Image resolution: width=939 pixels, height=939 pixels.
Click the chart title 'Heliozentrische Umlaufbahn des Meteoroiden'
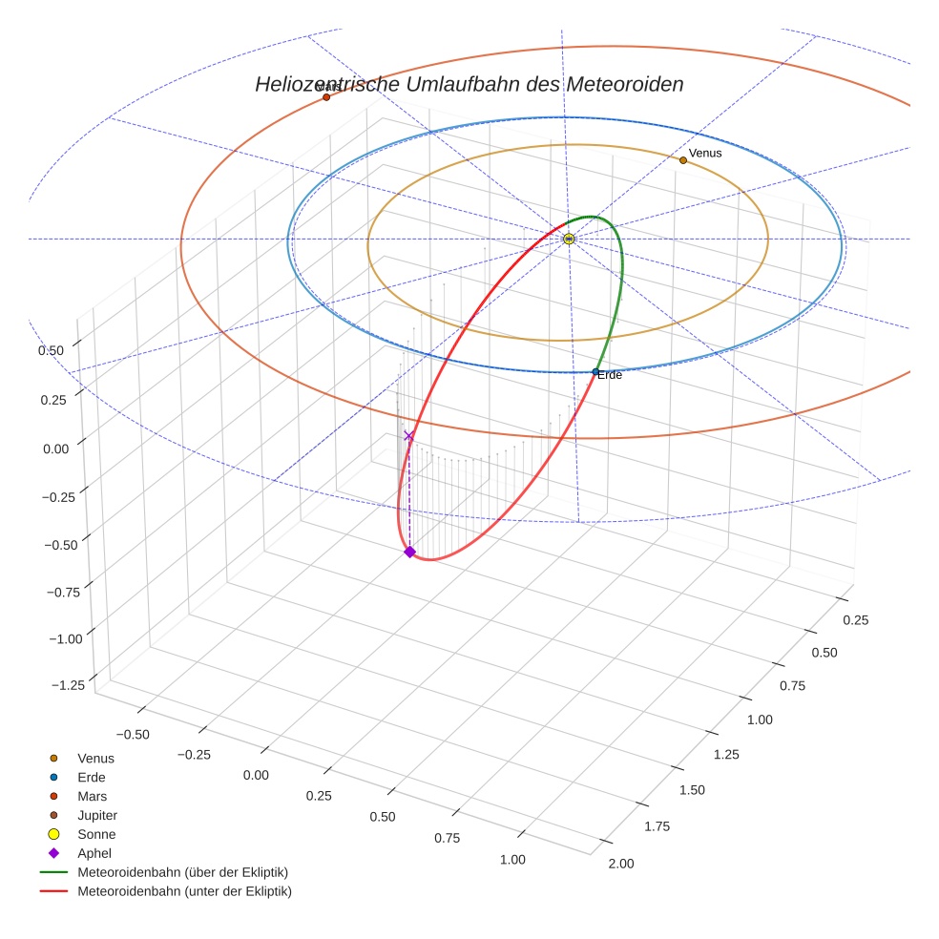click(469, 84)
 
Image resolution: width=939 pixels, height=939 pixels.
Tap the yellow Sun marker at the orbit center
click(569, 239)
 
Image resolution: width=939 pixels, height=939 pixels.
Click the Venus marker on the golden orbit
click(683, 160)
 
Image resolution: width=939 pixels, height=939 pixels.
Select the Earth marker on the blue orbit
click(595, 372)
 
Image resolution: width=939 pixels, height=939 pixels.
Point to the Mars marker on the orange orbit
click(326, 97)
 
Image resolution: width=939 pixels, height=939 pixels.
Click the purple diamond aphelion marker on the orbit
click(409, 552)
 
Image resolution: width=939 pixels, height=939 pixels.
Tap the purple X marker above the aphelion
click(409, 436)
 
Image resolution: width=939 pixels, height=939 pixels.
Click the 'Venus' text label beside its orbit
click(705, 153)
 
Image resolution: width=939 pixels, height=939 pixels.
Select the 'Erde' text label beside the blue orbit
click(610, 376)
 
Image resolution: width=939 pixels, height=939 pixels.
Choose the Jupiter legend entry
click(97, 815)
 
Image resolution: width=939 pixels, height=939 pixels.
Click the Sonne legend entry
click(96, 834)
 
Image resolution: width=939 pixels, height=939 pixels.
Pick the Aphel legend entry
click(94, 853)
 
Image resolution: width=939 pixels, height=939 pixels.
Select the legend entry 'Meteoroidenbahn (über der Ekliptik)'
click(182, 872)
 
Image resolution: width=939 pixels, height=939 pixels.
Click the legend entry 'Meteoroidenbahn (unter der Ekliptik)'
click(184, 891)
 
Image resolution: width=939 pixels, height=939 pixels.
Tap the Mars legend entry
click(92, 796)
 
